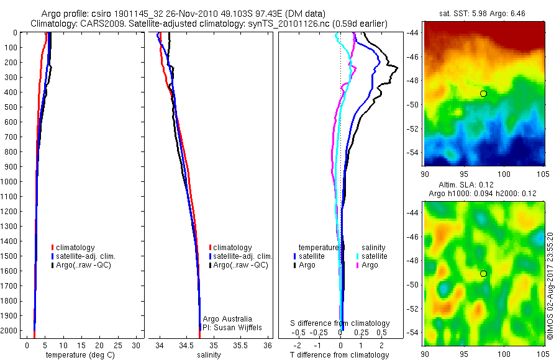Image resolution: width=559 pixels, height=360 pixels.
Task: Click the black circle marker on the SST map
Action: click(483, 94)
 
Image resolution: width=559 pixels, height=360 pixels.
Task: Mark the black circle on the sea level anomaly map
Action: click(483, 274)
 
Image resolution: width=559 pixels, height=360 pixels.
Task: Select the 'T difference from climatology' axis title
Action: click(339, 355)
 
